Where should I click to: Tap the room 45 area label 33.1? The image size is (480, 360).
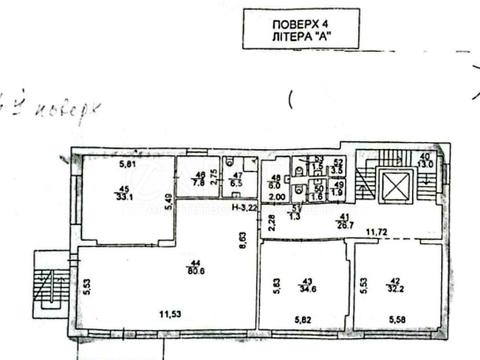[125, 197]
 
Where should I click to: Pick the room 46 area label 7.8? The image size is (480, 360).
[199, 182]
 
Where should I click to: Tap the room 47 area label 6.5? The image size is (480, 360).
[237, 183]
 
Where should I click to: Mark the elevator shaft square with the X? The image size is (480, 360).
[397, 186]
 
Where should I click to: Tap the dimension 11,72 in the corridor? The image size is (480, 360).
[376, 234]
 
